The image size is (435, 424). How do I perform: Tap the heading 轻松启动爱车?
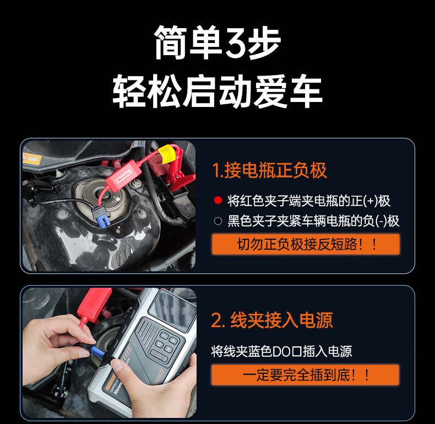click(217, 92)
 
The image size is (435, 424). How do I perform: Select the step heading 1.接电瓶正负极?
click(269, 170)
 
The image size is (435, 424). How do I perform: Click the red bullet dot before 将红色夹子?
click(218, 200)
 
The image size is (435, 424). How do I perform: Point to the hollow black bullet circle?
click(218, 221)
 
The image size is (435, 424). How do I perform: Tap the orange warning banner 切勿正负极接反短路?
click(306, 244)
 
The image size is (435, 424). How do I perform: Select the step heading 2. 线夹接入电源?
click(272, 320)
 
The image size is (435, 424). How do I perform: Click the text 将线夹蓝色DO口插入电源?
click(281, 351)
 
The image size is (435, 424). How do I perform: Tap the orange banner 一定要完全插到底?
click(305, 375)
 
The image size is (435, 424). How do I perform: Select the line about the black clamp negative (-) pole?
click(313, 221)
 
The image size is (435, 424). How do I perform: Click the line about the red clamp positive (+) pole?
click(309, 201)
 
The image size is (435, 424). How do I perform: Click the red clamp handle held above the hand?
click(94, 304)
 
